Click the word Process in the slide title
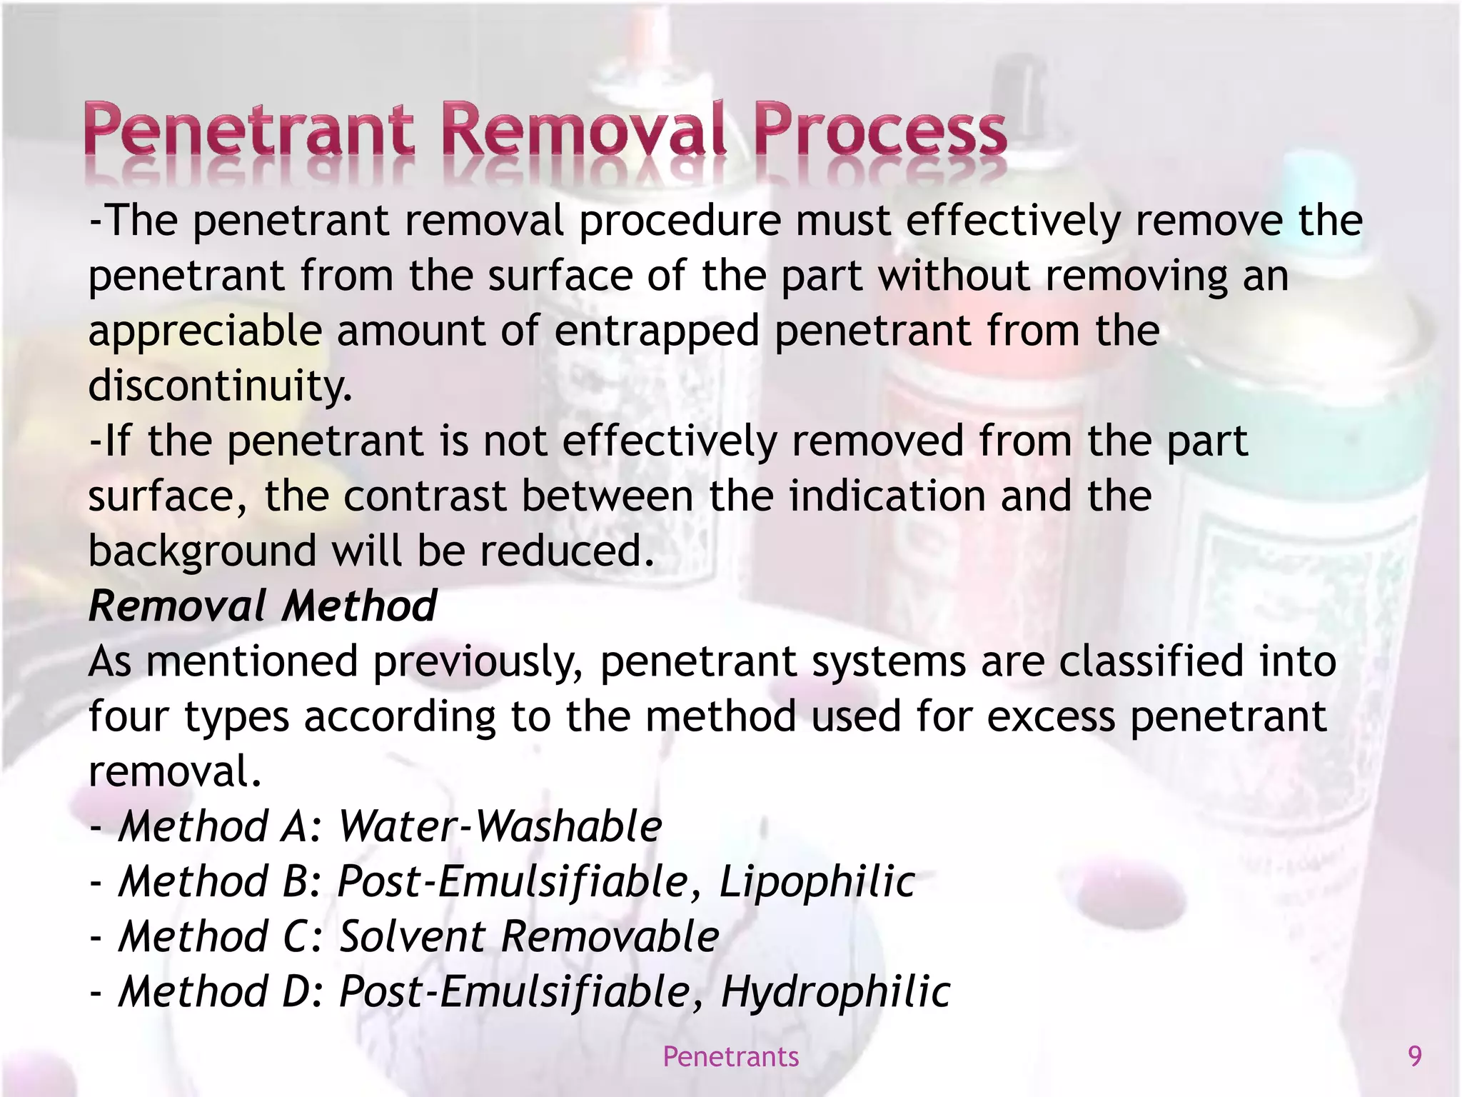click(880, 131)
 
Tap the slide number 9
click(1414, 1056)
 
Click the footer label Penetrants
click(730, 1056)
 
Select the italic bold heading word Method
click(358, 606)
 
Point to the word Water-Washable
click(500, 826)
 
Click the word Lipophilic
click(817, 881)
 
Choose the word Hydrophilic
click(835, 992)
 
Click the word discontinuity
click(220, 386)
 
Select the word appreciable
click(205, 332)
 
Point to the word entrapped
click(657, 332)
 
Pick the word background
click(202, 551)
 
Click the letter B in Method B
click(295, 881)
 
